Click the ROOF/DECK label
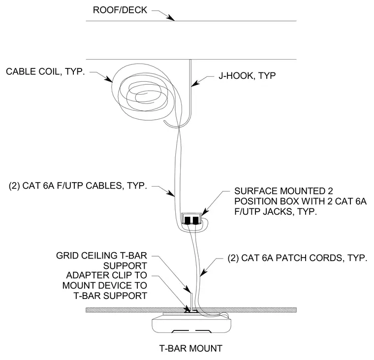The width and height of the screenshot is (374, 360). [120, 10]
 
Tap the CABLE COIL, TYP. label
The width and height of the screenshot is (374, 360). [45, 71]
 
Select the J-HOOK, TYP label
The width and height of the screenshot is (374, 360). [247, 76]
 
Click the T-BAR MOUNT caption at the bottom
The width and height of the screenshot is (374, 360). [190, 348]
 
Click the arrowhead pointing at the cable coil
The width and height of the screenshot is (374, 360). [109, 79]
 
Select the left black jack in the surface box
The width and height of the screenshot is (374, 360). [187, 220]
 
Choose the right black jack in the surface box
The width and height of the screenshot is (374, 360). [195, 220]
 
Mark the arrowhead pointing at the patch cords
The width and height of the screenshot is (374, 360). [203, 273]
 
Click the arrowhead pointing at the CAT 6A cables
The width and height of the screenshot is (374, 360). [171, 193]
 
